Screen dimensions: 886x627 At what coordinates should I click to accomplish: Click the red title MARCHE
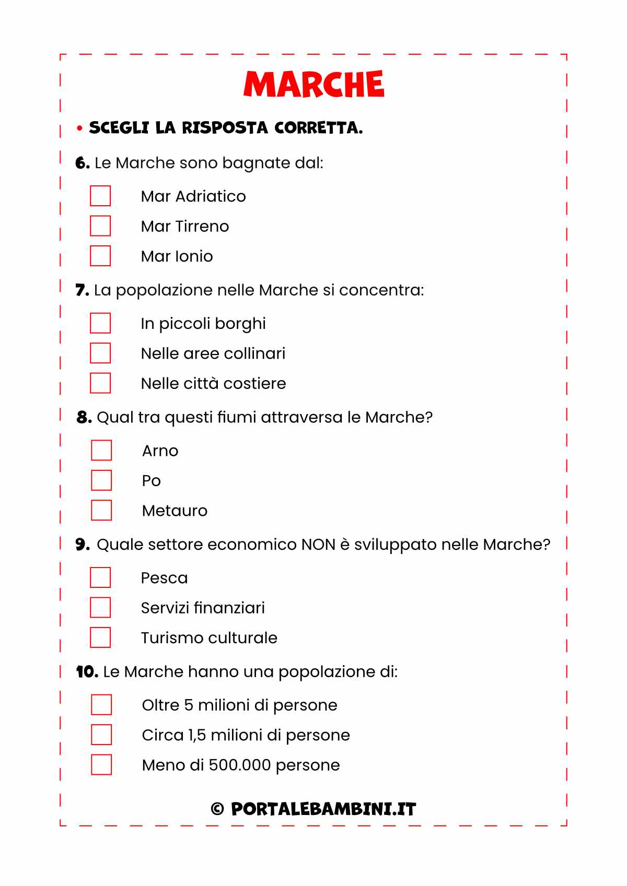click(313, 85)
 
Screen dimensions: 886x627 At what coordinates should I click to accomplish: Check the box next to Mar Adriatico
click(100, 196)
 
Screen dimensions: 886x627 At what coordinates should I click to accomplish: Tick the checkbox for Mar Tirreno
click(100, 226)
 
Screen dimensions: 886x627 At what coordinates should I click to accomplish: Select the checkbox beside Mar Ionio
click(100, 256)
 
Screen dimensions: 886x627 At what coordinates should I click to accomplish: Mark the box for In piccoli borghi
click(100, 323)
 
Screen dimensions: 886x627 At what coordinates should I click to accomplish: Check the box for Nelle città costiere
click(100, 383)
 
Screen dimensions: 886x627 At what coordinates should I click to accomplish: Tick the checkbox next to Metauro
click(101, 511)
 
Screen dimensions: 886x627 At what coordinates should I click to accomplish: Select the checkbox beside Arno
click(101, 451)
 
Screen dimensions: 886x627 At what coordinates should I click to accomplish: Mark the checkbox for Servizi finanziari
click(100, 608)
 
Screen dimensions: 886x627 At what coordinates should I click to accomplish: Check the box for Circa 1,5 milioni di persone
click(101, 735)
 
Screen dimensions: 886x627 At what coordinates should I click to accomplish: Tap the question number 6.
click(82, 163)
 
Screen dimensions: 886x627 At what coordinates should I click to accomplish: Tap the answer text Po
click(151, 481)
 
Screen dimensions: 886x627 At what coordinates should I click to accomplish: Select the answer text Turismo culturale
click(209, 638)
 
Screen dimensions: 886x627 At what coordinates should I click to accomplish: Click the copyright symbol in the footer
click(217, 809)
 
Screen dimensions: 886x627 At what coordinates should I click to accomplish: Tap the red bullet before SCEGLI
click(79, 128)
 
